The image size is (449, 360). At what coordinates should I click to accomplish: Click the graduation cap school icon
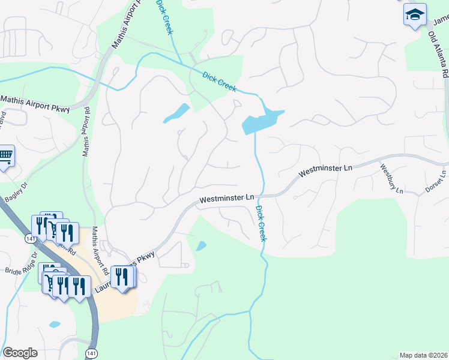pos(415,15)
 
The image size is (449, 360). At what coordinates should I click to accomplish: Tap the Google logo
pos(20,353)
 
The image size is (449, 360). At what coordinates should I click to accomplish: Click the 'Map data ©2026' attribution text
pos(424,355)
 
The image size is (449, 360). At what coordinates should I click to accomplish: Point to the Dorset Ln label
pos(436,182)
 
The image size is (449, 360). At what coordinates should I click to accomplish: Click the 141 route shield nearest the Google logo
pos(91,353)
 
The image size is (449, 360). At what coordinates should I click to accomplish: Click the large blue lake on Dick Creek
pos(261,121)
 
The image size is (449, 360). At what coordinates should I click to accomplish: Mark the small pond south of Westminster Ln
pos(201,245)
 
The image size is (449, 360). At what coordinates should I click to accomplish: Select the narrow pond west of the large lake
pos(176,113)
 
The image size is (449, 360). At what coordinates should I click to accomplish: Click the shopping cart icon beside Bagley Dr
pos(5,157)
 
